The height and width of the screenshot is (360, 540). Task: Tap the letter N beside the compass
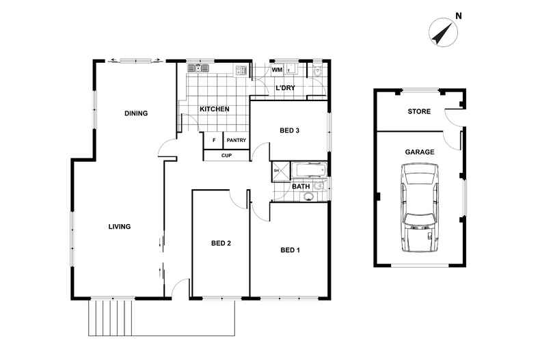tap(459, 16)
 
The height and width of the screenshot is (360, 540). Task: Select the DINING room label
tap(136, 113)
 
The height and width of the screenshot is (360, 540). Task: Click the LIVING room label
tap(119, 227)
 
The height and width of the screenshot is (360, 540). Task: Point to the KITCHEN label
tap(214, 110)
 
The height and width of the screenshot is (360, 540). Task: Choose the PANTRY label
tap(236, 141)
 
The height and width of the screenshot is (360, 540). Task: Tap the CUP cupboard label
tap(226, 156)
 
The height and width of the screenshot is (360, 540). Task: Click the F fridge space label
tap(214, 141)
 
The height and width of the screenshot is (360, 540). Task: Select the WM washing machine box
tap(278, 70)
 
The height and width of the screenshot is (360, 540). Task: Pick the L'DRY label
tap(285, 89)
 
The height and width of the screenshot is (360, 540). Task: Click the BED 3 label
tap(290, 130)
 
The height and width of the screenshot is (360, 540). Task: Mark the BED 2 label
tap(221, 243)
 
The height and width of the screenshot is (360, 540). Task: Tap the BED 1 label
tap(290, 250)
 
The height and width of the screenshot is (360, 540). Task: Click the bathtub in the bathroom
tap(310, 170)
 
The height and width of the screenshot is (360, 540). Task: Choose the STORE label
tap(419, 111)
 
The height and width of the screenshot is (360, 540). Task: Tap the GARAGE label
tap(420, 152)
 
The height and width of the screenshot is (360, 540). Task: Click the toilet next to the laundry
tap(318, 70)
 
